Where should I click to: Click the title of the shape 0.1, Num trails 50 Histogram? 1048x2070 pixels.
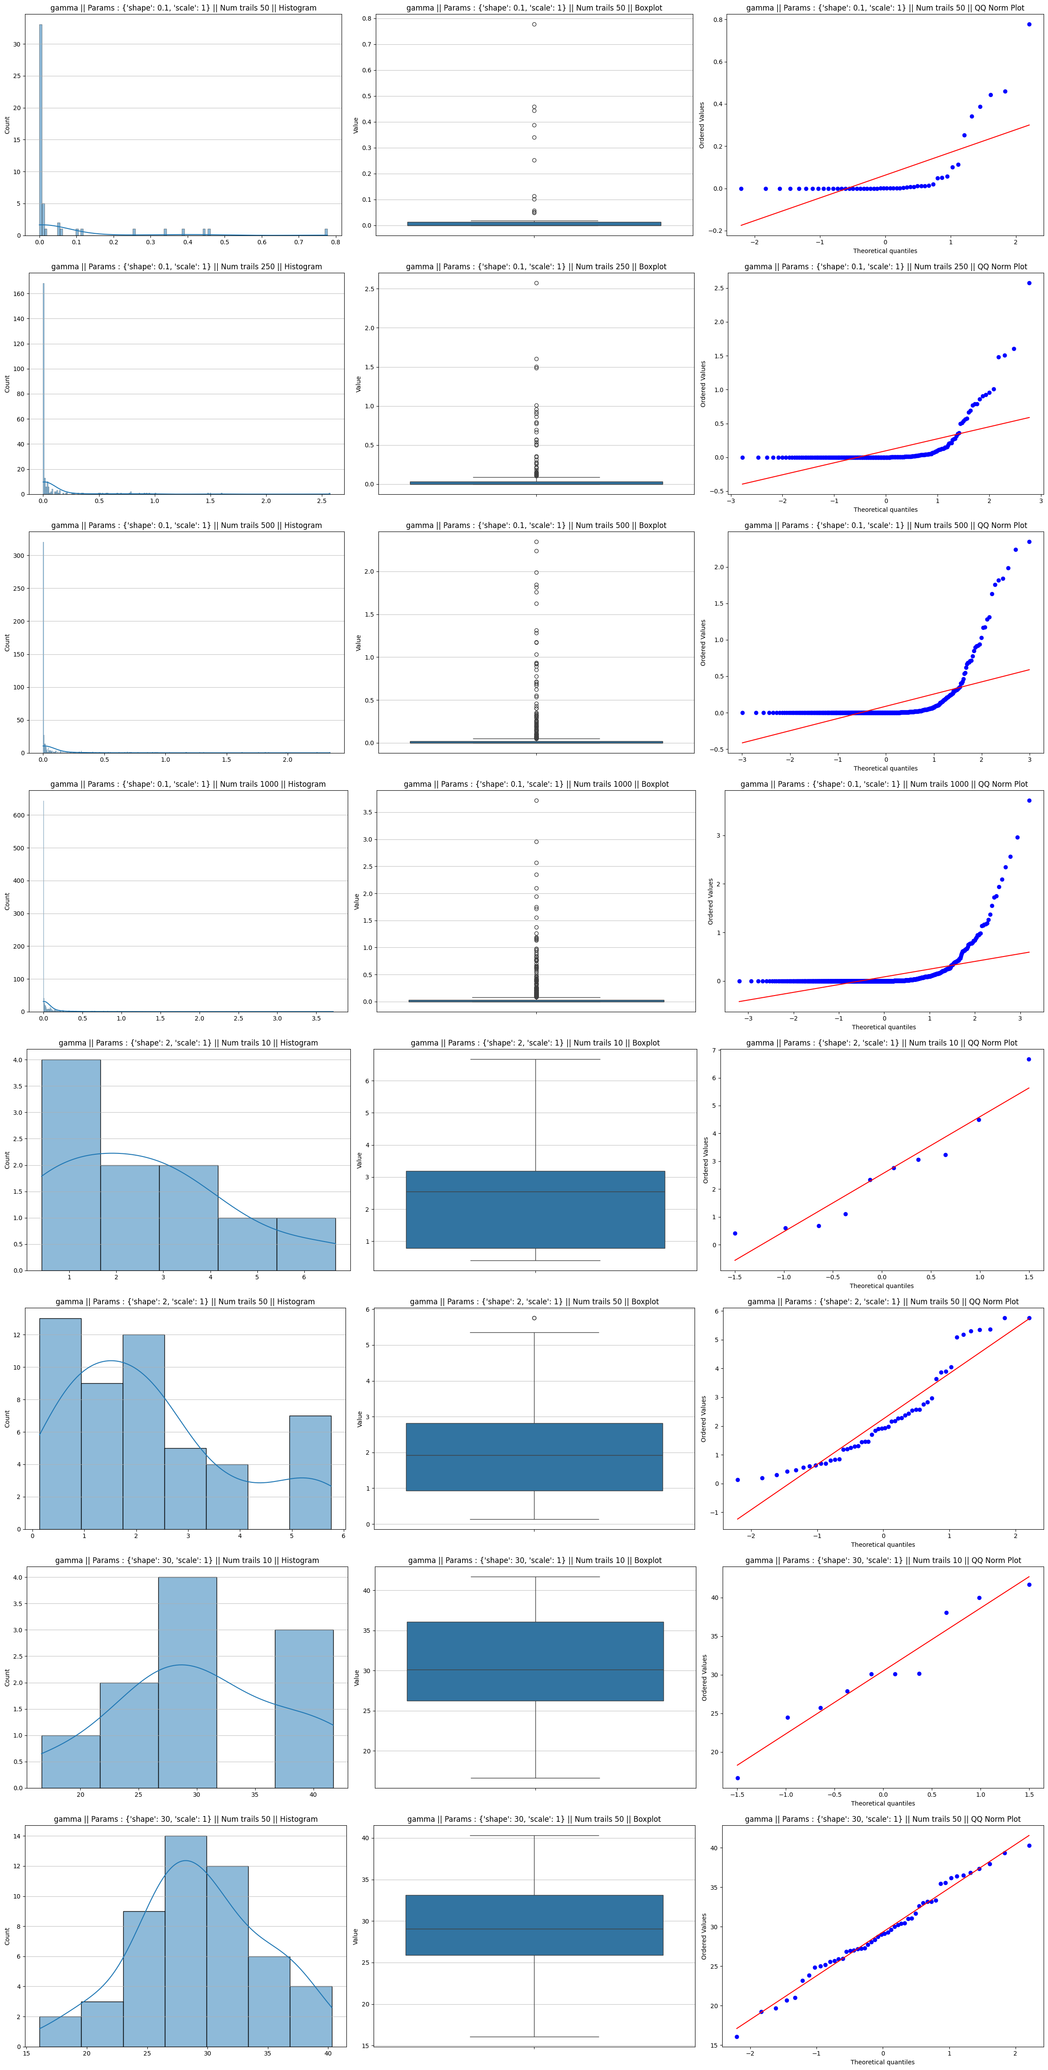(x=183, y=8)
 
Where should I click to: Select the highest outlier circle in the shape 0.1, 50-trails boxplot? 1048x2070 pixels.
(x=535, y=24)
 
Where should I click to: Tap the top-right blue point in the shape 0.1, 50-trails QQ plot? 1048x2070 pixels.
(x=1029, y=24)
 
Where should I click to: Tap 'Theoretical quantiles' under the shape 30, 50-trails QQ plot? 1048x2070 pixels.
(x=882, y=2062)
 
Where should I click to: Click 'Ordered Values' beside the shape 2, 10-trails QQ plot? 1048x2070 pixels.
(x=706, y=1160)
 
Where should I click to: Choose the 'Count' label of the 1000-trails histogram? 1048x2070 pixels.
(x=7, y=901)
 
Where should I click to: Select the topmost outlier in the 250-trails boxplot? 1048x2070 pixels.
(x=536, y=283)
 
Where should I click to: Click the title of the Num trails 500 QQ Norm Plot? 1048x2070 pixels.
(x=885, y=525)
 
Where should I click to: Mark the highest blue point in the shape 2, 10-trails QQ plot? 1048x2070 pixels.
(x=1029, y=1059)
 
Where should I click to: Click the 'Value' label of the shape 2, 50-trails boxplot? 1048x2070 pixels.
(x=360, y=1419)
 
